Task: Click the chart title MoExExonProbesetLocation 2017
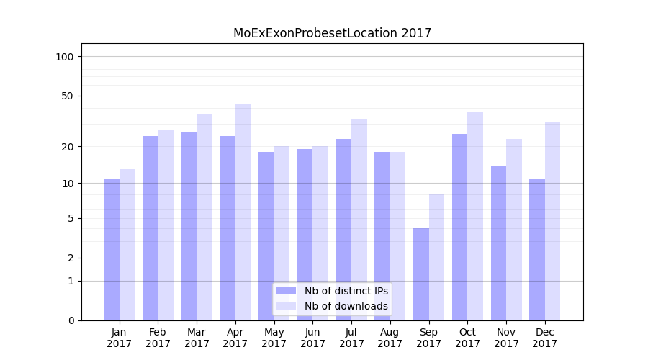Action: pos(332,33)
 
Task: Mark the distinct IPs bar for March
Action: pos(189,226)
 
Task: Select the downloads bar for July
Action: pos(359,220)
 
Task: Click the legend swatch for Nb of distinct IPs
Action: pos(286,291)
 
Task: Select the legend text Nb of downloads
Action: pos(346,306)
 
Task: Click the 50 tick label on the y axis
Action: pos(68,96)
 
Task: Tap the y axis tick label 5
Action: pos(71,218)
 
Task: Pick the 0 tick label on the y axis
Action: pos(71,320)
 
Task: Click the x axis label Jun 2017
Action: pos(312,338)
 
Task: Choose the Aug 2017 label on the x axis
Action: pos(390,338)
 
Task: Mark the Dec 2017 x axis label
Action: pos(545,338)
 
